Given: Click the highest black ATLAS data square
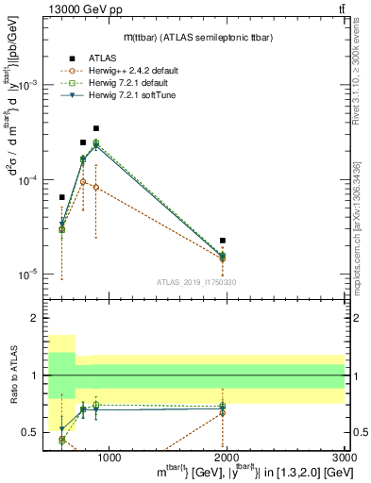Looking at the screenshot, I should (95, 128).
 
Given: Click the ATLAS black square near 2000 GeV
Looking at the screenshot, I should (223, 241).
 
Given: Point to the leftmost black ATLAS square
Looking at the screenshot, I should (61, 197).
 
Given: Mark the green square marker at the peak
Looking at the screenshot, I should (95, 142).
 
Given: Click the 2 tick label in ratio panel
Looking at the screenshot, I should (35, 318).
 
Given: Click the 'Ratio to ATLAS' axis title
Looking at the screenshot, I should (12, 375).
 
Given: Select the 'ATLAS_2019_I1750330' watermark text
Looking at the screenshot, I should (195, 282).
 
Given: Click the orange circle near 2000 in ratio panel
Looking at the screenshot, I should (223, 412).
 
